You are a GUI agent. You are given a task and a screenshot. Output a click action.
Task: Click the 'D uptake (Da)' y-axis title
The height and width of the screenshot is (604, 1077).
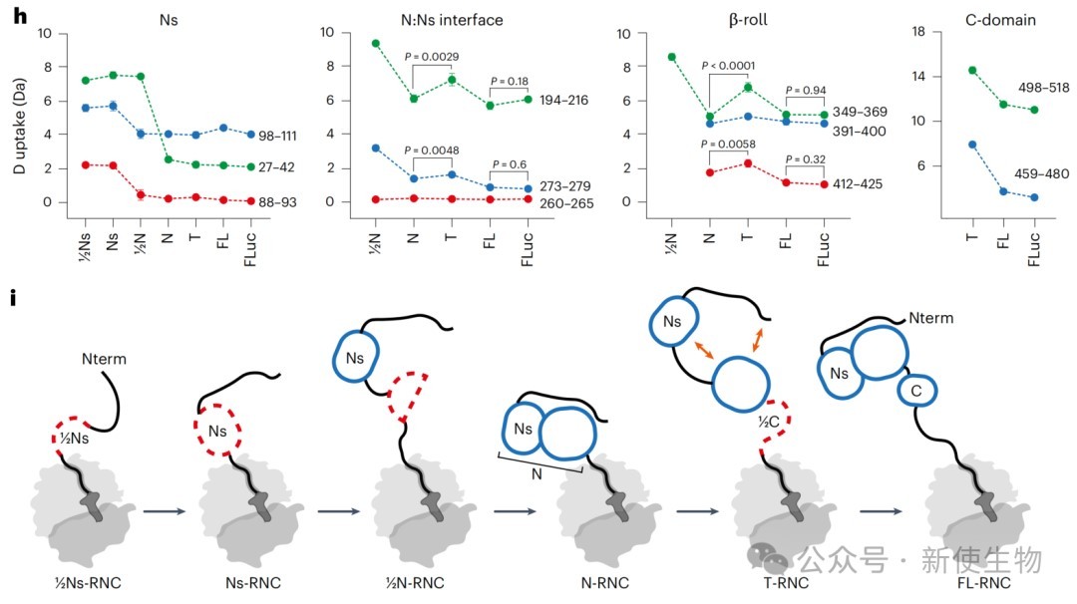(17, 119)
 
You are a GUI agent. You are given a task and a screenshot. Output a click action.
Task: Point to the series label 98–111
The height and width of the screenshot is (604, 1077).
(294, 134)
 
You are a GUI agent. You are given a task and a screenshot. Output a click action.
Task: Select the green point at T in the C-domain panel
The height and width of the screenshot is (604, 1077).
(971, 71)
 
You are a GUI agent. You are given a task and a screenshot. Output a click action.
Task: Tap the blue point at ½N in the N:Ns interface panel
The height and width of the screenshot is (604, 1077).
(375, 148)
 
